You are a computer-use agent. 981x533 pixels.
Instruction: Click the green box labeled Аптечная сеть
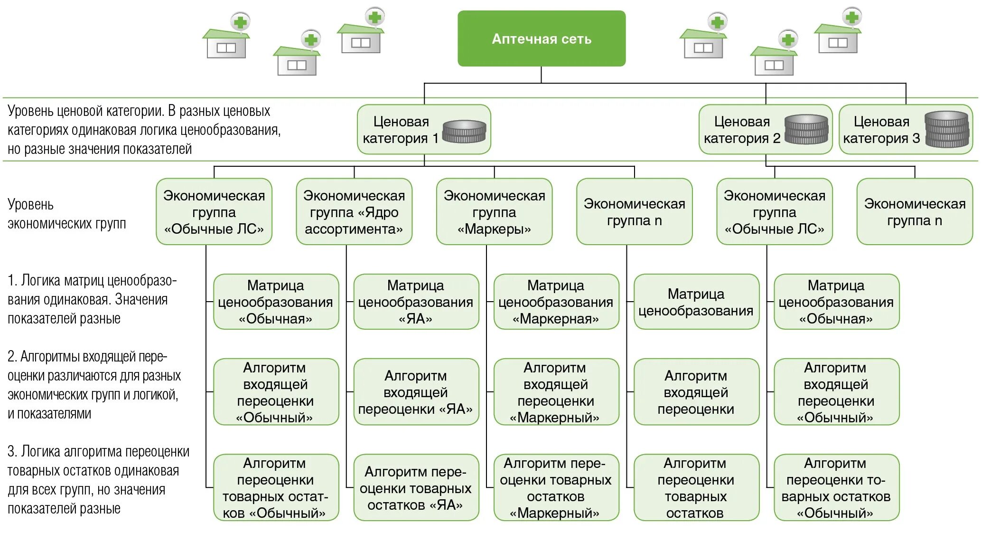pyautogui.click(x=541, y=38)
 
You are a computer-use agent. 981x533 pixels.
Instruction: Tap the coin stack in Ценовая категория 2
pyautogui.click(x=806, y=129)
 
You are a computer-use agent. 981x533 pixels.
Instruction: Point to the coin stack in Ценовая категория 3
pyautogui.click(x=947, y=129)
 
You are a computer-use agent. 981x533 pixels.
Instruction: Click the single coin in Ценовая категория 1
pyautogui.click(x=464, y=132)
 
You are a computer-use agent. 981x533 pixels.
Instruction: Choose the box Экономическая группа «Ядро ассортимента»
pyautogui.click(x=354, y=212)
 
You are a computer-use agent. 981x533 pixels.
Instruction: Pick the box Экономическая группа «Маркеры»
pyautogui.click(x=494, y=212)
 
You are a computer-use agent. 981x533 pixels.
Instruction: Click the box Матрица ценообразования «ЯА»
pyautogui.click(x=416, y=302)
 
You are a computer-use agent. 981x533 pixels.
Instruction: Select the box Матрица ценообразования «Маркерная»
pyautogui.click(x=556, y=302)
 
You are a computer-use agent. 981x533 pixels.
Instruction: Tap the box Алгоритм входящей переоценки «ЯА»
pyautogui.click(x=416, y=392)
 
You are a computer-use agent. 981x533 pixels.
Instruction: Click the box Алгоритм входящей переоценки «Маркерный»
pyautogui.click(x=556, y=392)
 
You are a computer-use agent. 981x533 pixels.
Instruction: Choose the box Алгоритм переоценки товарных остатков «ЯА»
pyautogui.click(x=416, y=488)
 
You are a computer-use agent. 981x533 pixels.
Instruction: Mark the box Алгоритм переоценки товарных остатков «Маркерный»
pyautogui.click(x=556, y=488)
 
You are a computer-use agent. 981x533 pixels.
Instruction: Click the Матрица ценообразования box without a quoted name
pyautogui.click(x=696, y=302)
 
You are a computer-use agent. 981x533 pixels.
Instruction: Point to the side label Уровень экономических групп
pyautogui.click(x=66, y=214)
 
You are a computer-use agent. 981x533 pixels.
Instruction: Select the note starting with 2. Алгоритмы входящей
pyautogui.click(x=94, y=385)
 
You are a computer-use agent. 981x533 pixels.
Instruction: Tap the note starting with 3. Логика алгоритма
pyautogui.click(x=98, y=480)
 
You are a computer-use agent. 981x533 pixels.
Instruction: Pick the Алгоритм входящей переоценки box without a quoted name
pyautogui.click(x=696, y=392)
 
